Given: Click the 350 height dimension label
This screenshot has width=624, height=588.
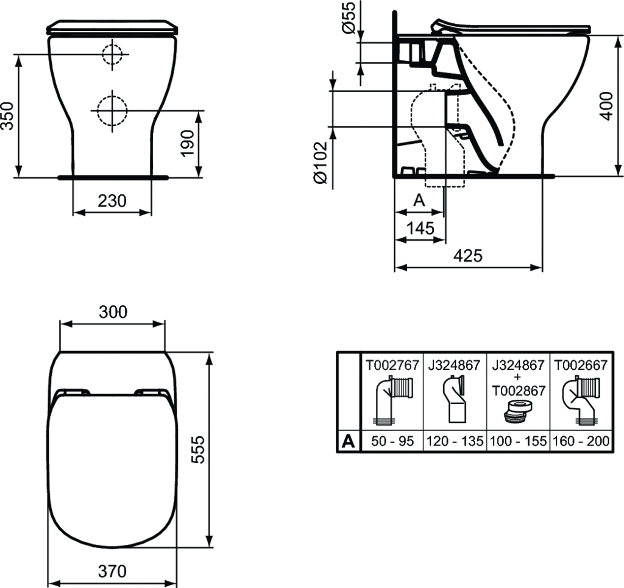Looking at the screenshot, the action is point(7,116).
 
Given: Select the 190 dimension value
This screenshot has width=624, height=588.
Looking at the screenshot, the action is point(187,143).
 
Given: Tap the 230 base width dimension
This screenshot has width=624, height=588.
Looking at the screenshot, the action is point(112,201).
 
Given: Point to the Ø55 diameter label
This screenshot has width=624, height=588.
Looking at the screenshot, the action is point(348,17).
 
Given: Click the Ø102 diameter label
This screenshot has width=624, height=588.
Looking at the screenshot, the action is point(321,163).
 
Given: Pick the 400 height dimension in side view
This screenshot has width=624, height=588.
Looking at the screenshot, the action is point(606,105).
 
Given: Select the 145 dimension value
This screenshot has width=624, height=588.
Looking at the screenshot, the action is point(420,228).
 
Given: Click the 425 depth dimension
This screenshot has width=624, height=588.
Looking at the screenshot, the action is point(468,256).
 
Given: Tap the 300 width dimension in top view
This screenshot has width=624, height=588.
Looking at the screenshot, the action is point(113,313).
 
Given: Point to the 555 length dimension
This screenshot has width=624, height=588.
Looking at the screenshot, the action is point(198,449).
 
